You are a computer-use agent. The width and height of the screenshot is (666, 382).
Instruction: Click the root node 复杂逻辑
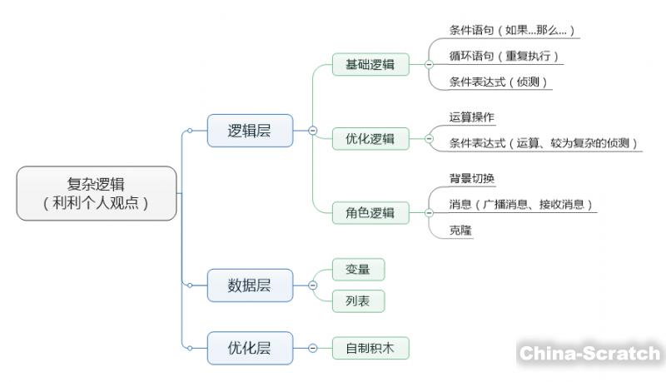click(x=97, y=193)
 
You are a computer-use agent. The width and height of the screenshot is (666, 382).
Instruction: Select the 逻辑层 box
click(x=250, y=131)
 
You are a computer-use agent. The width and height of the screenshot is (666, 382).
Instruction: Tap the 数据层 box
click(x=250, y=285)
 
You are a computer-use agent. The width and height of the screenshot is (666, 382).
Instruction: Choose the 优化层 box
click(x=250, y=347)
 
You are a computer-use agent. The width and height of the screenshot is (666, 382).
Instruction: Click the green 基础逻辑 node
click(x=370, y=64)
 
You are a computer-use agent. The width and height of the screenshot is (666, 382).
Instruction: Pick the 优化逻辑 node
click(x=370, y=139)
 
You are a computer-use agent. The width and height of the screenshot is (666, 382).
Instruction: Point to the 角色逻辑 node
click(x=370, y=213)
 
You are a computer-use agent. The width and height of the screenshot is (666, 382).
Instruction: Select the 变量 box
click(x=358, y=270)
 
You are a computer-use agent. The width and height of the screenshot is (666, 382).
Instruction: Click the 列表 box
click(x=358, y=300)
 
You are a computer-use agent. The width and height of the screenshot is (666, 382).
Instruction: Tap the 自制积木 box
click(x=370, y=348)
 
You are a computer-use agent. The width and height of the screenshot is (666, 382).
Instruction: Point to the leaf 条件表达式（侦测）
click(x=500, y=82)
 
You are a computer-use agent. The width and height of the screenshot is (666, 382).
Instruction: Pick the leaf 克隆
click(x=460, y=230)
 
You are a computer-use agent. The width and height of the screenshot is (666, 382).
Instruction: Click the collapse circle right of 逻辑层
click(x=312, y=131)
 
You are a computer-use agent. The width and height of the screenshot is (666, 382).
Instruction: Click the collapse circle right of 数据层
click(x=312, y=285)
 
